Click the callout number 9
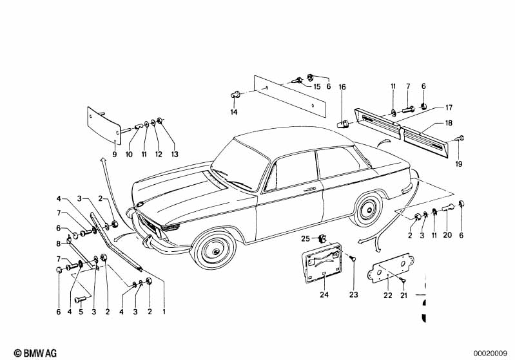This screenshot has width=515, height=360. [x=115, y=155]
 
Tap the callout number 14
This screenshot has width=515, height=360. [x=234, y=112]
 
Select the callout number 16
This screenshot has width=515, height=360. [x=342, y=86]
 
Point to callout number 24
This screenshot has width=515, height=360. [x=324, y=296]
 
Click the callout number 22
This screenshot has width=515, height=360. [x=387, y=296]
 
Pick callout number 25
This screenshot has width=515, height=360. [x=307, y=239]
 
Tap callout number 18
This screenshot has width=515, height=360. [x=447, y=122]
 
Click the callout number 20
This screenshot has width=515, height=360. [x=447, y=236]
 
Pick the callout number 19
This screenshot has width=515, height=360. [x=460, y=163]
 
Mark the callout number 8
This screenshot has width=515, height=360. [x=59, y=244]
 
